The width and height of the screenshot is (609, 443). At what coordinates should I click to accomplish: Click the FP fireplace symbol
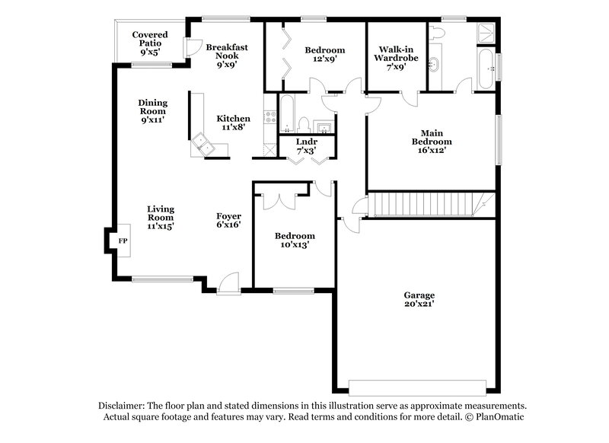point(121,241)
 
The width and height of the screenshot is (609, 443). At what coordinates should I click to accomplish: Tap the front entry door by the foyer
point(227,286)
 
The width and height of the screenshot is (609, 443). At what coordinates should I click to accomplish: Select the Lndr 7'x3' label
point(305,146)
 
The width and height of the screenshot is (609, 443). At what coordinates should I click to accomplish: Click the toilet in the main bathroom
point(435,33)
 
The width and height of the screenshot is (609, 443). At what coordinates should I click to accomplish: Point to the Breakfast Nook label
point(227,56)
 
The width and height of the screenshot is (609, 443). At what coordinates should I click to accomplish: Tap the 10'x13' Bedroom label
point(294,240)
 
